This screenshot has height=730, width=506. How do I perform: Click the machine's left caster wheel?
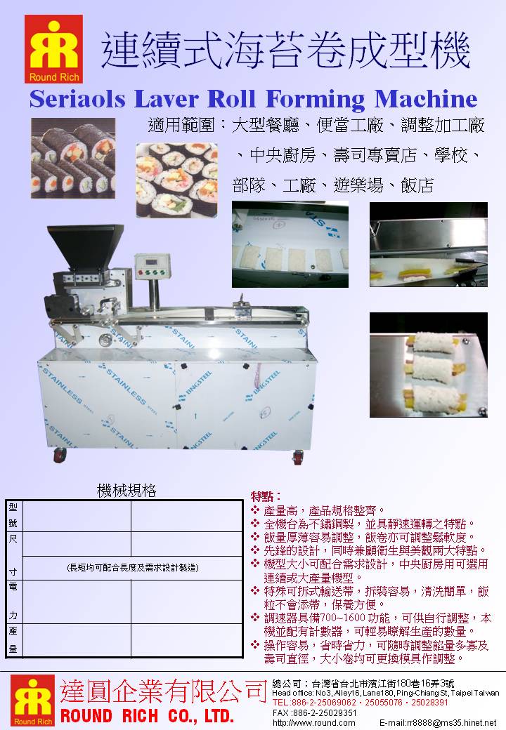[59, 455]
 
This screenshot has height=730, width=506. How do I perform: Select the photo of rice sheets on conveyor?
[290, 244]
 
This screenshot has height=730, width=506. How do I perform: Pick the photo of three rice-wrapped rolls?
[428, 364]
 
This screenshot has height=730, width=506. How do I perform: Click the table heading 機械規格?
[126, 491]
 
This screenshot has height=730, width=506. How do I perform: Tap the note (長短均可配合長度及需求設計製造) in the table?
[131, 567]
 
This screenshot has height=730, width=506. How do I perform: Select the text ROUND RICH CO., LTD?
[146, 716]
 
